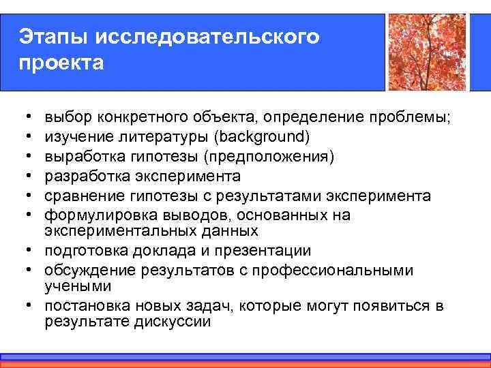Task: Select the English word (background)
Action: pyautogui.click(x=262, y=138)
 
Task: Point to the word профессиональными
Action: pyautogui.click(x=340, y=271)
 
